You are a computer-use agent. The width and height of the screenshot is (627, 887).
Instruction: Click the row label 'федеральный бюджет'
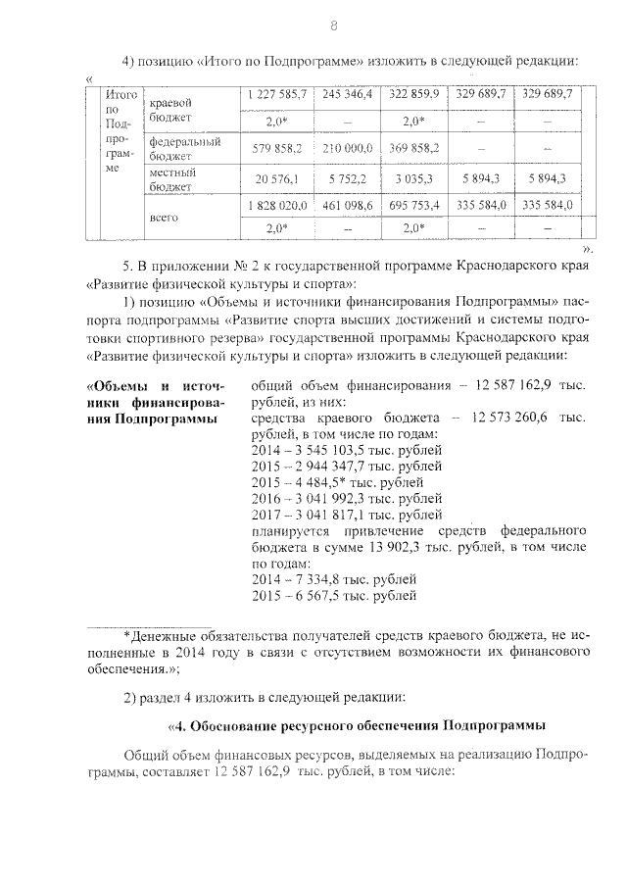pos(184,147)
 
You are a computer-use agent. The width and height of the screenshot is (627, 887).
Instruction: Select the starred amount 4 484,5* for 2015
pos(328,482)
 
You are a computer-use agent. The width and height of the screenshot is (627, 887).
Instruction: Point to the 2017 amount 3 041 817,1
pos(332,515)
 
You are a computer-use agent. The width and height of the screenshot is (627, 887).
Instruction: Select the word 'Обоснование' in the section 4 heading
pos(233,726)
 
